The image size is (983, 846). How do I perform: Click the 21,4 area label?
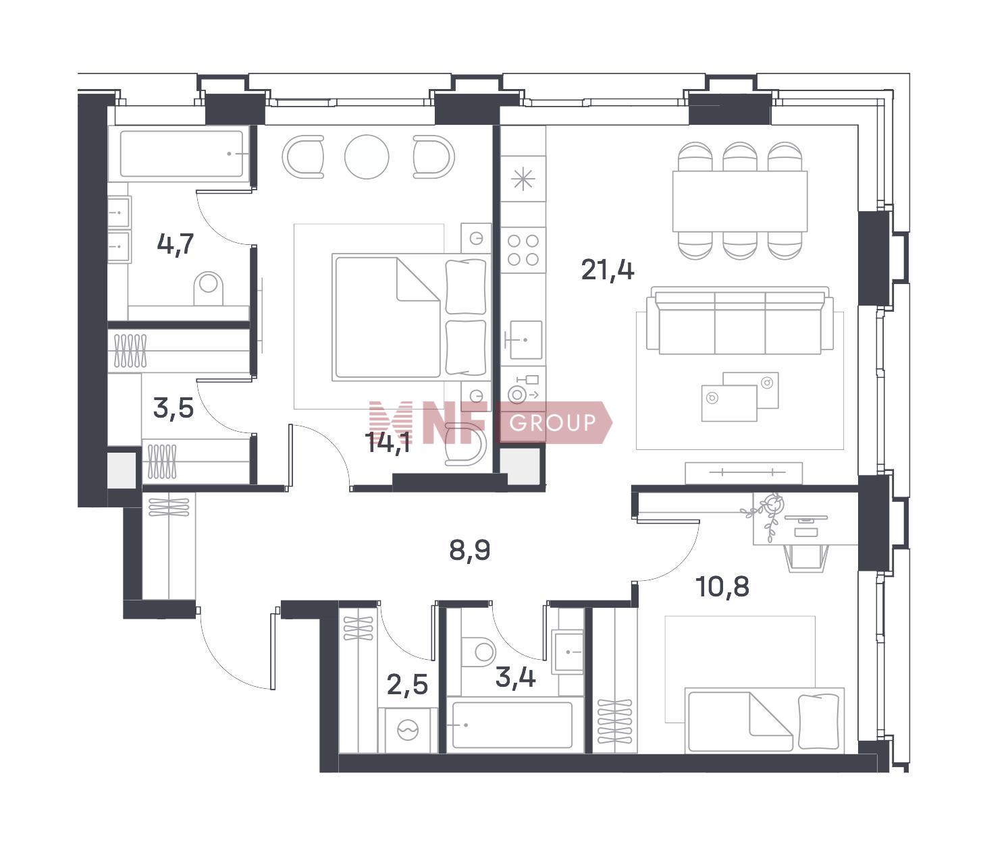[608, 271]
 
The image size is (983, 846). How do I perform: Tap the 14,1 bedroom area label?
[388, 443]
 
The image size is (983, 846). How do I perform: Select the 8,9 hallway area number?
[469, 551]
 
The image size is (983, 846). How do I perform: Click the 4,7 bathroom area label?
[175, 245]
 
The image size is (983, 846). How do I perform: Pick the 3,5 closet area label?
[173, 408]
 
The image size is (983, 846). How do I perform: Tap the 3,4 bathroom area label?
[516, 678]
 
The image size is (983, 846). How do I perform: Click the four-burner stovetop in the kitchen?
[523, 250]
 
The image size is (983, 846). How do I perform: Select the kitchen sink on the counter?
[525, 340]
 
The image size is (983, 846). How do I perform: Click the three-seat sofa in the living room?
[740, 320]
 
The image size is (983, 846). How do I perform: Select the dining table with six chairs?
[740, 201]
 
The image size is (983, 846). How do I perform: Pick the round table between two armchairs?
[367, 157]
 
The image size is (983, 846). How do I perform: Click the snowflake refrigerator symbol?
[523, 179]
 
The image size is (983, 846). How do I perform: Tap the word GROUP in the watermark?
[552, 422]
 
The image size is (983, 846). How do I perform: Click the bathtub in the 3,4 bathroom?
[512, 725]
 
